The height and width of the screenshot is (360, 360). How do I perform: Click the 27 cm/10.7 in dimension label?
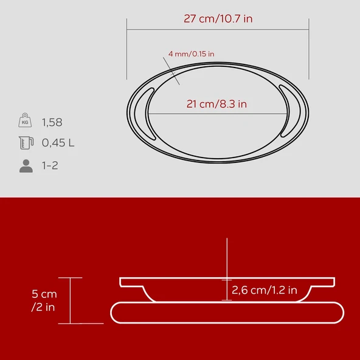click(218, 18)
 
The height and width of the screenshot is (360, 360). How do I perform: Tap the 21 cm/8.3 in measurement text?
click(216, 104)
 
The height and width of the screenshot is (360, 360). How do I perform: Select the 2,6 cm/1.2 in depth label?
click(265, 291)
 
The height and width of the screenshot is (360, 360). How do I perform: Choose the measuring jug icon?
click(25, 143)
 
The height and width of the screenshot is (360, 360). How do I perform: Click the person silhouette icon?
click(26, 165)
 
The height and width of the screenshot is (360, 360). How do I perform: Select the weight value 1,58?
click(52, 122)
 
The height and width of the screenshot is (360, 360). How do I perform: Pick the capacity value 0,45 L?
click(58, 143)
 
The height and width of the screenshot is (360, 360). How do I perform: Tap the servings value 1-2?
click(50, 165)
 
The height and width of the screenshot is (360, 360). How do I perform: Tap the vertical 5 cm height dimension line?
click(71, 300)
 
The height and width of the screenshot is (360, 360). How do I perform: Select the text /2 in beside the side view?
click(43, 307)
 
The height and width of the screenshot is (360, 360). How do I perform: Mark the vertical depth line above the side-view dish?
click(226, 255)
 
